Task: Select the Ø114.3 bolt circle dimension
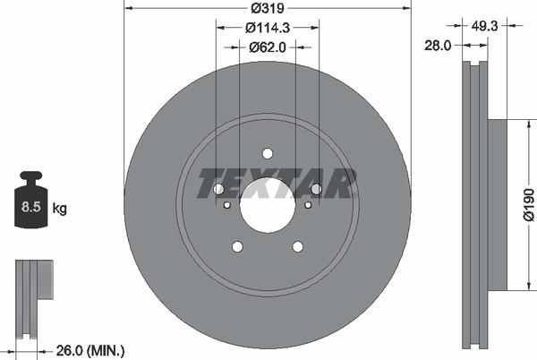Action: point(266,28)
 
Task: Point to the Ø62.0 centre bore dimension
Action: point(266,47)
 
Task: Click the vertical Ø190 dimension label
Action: point(528,203)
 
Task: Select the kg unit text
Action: point(60,209)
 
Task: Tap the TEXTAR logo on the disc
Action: point(277,183)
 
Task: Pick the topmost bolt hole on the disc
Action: point(268,153)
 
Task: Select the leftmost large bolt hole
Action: point(218,189)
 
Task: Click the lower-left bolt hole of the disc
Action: point(237,246)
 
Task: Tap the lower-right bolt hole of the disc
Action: point(297,246)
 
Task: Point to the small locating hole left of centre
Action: point(226,205)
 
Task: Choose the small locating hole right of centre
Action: point(308,205)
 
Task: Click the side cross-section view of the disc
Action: point(474,204)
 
